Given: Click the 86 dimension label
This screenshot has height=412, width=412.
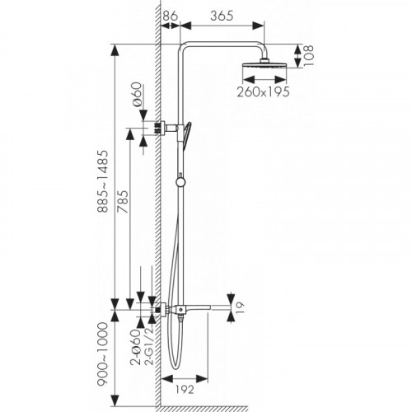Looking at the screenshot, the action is tap(171, 16).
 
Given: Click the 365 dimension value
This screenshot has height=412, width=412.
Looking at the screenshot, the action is tap(222, 16).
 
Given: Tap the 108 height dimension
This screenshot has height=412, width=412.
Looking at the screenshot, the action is tap(308, 55).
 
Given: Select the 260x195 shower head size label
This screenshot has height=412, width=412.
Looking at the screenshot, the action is tap(263, 91).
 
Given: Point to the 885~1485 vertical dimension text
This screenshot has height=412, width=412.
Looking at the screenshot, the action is tap(103, 181).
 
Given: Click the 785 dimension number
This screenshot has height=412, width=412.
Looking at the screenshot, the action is tap(123, 202).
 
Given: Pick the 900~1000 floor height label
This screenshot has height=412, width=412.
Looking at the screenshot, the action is tap(103, 354).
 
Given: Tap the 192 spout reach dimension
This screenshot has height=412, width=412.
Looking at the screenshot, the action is tap(185, 390).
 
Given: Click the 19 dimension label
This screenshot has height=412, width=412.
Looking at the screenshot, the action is tap(239, 307).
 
